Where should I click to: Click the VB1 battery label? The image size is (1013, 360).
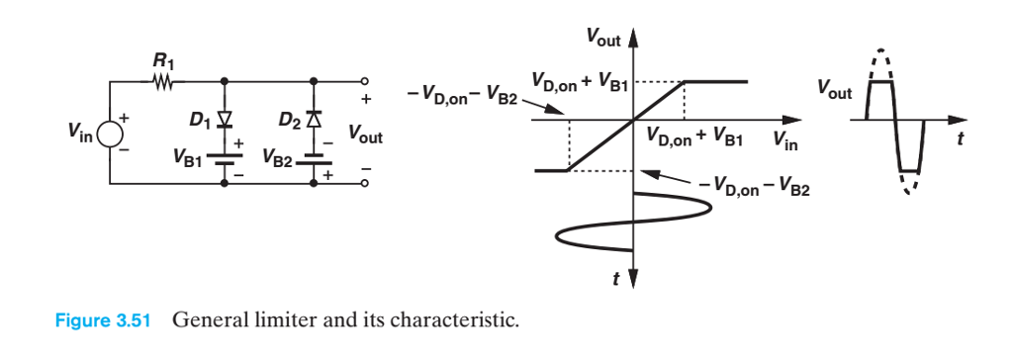(186, 156)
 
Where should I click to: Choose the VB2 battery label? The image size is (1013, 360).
(278, 156)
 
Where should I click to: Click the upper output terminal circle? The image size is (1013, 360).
(365, 82)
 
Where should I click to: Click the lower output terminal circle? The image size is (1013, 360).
(365, 184)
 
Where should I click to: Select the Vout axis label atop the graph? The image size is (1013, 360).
(603, 40)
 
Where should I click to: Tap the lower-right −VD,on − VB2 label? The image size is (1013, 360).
(754, 186)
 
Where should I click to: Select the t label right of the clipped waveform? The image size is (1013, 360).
(959, 139)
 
